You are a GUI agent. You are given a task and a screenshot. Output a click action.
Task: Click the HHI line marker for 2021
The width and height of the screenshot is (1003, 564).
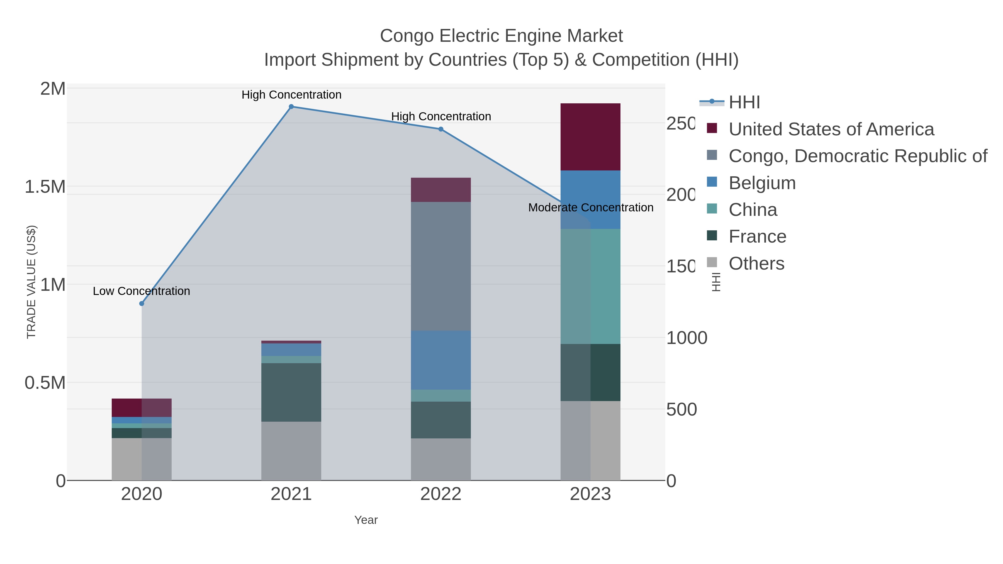coord(291,107)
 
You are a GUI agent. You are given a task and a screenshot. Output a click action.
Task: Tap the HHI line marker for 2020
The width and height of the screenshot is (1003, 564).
coord(142,304)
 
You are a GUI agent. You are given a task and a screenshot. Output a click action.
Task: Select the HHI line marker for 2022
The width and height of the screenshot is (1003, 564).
coord(441,129)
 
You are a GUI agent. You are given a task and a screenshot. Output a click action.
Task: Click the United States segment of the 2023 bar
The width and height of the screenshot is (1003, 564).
coord(590,137)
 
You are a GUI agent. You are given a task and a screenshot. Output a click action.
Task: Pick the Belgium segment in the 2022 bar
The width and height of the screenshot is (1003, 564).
coord(441,360)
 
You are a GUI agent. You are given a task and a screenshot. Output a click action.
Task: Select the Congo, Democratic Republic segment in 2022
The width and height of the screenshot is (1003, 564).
coord(441,266)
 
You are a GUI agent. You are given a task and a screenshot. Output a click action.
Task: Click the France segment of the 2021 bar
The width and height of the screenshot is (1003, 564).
coord(291,392)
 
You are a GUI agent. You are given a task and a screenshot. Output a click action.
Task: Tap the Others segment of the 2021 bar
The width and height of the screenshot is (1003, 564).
coord(291,451)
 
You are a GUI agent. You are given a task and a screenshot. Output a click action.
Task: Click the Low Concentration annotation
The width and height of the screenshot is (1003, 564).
coord(141,291)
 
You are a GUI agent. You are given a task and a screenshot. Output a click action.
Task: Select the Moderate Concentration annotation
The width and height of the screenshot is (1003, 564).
coord(590,207)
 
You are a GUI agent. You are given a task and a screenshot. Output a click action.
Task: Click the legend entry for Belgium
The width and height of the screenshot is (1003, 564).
coord(762,183)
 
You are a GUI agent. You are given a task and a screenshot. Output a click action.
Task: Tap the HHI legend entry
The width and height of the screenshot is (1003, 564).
coord(744,102)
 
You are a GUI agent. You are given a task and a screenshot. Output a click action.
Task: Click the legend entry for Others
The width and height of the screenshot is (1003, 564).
coord(756,263)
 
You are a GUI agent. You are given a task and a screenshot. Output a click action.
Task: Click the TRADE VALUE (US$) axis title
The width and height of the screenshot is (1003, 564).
coord(31,282)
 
